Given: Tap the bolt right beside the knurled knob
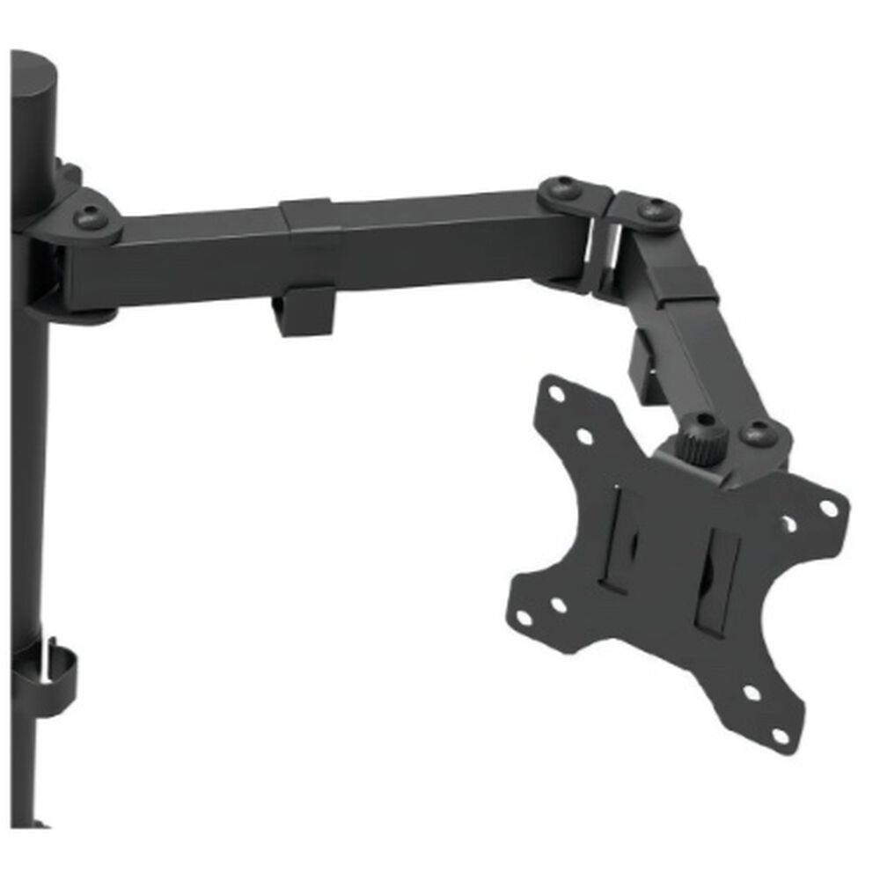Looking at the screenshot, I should (756, 433).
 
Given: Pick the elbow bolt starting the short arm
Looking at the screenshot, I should (652, 209).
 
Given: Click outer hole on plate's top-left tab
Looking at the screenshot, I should (556, 394).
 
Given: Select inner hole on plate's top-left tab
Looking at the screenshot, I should (585, 435).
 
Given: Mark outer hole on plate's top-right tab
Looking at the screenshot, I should (829, 508).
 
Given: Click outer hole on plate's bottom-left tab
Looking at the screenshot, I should (524, 617).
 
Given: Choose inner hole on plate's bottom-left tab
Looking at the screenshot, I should (558, 605).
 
